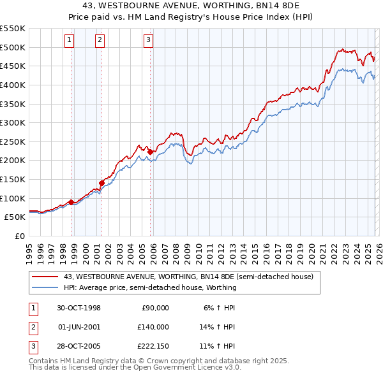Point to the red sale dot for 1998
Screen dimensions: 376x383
(x=71, y=202)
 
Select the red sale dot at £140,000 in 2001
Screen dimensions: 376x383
(x=101, y=183)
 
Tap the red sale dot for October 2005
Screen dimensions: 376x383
(x=149, y=152)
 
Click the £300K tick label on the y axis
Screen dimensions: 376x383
(x=13, y=122)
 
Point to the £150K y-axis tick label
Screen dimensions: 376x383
(x=13, y=179)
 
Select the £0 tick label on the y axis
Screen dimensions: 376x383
(x=19, y=236)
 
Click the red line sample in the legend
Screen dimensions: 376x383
(x=45, y=277)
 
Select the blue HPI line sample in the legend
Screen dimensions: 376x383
(x=45, y=287)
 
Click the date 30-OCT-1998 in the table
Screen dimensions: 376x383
(x=79, y=308)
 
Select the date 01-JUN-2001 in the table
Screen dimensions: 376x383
(x=79, y=326)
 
